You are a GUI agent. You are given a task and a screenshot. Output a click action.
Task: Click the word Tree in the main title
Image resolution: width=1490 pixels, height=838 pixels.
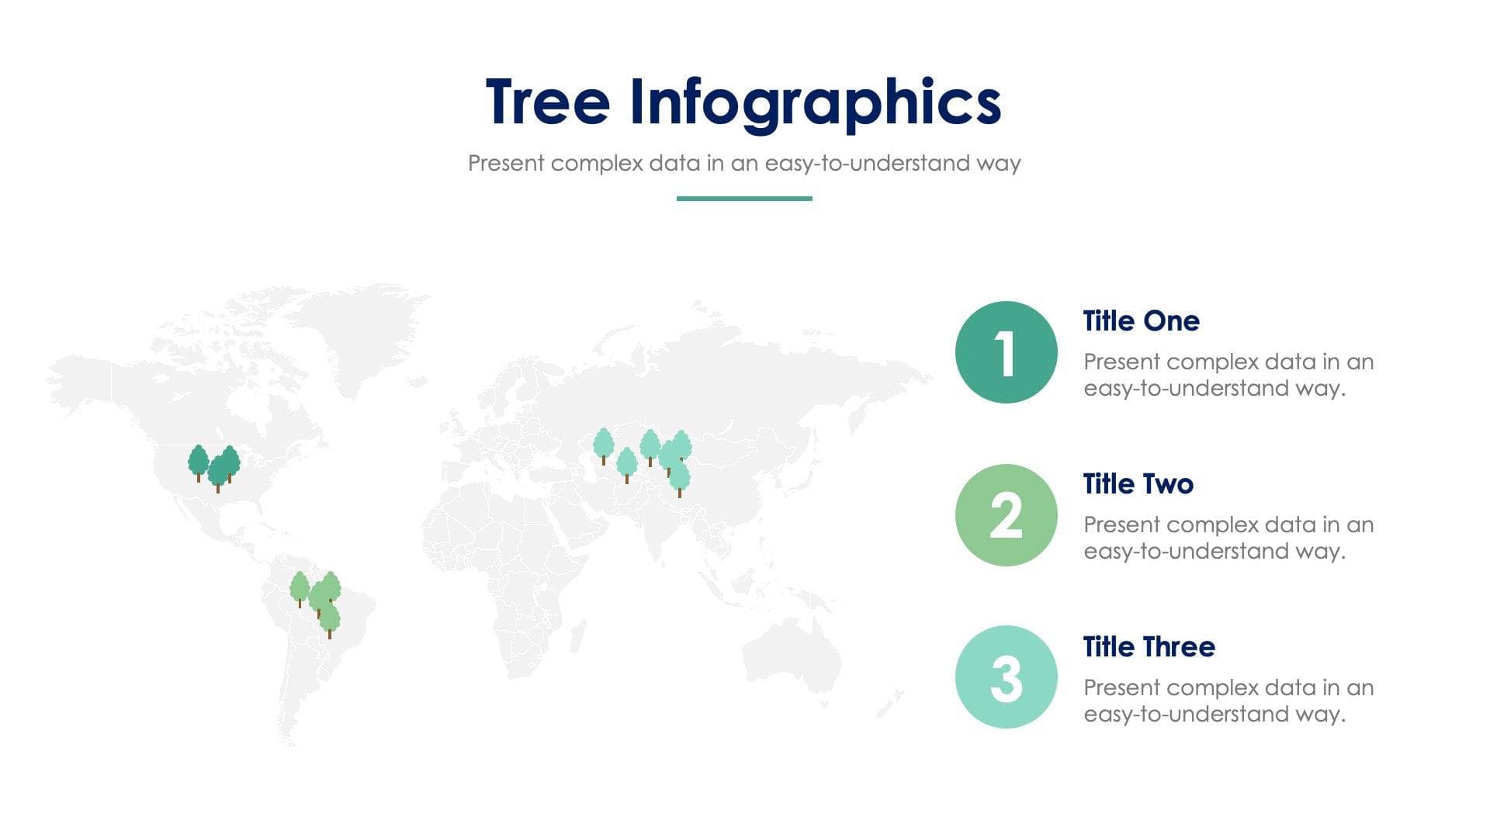(547, 102)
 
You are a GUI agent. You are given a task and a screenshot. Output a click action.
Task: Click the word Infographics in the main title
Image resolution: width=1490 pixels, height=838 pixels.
(815, 102)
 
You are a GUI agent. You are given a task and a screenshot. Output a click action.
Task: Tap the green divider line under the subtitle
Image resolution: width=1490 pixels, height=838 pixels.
(743, 199)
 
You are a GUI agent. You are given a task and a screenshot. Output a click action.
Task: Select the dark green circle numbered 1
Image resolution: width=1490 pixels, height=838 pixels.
(1006, 352)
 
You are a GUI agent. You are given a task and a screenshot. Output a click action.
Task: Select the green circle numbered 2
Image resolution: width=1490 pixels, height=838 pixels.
(1006, 515)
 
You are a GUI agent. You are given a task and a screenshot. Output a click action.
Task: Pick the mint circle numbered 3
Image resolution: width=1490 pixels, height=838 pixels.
(1006, 677)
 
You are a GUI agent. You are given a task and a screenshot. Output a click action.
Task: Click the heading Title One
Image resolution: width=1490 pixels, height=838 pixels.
(1141, 321)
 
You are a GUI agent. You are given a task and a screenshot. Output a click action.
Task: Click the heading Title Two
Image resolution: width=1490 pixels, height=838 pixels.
(1138, 484)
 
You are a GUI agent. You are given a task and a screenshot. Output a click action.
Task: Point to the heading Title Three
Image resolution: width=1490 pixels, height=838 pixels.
(1149, 647)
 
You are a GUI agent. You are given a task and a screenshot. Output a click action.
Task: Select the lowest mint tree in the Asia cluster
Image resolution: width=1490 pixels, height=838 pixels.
(679, 477)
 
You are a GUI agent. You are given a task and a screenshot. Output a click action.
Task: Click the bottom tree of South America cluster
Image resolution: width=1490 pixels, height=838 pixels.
(330, 619)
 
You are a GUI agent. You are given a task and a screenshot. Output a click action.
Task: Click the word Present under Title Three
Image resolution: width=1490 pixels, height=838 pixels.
(1121, 687)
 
